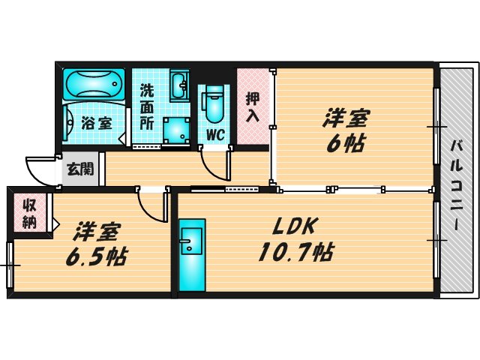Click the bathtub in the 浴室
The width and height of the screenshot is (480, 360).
tap(94, 84)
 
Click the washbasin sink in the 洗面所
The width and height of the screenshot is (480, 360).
tap(180, 86)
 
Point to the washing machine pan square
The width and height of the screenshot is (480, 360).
tap(177, 130)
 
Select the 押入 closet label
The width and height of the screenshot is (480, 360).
tap(253, 106)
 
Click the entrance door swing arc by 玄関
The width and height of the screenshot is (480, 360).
tap(39, 167)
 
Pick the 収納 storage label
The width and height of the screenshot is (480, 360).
tap(30, 212)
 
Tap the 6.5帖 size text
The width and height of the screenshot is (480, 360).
tap(94, 256)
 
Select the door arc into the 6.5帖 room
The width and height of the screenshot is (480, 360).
tap(152, 207)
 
